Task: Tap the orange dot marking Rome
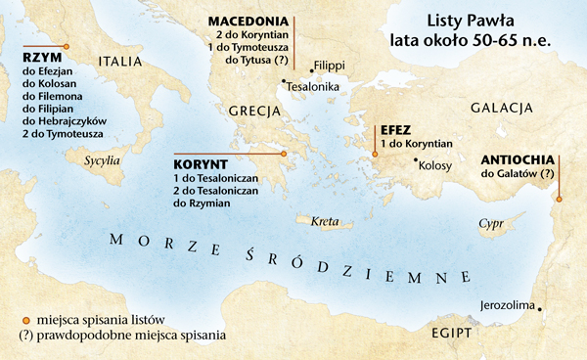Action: pyautogui.click(x=66, y=46)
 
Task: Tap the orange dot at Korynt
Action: pyautogui.click(x=283, y=154)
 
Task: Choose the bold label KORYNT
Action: pyautogui.click(x=203, y=165)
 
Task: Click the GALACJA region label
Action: pyautogui.click(x=500, y=107)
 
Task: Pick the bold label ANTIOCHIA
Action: pyautogui.click(x=519, y=158)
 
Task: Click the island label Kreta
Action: pyautogui.click(x=324, y=223)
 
